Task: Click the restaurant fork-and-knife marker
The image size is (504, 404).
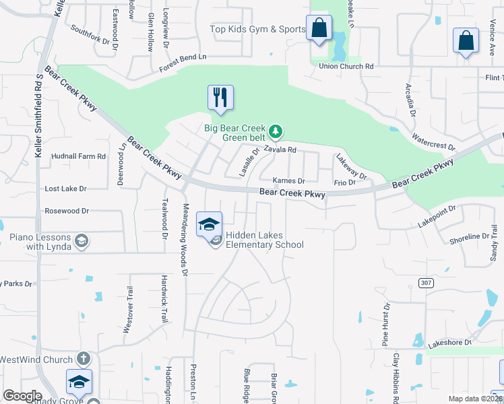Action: coord(220,98)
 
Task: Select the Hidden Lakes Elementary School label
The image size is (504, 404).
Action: coord(264,240)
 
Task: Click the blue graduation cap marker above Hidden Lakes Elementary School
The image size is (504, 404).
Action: coord(210,224)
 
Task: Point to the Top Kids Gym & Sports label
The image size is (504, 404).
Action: coord(257,29)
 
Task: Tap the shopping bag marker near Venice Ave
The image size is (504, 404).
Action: coord(466,40)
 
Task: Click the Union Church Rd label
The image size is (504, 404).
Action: coord(346,67)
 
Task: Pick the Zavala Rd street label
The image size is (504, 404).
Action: coord(280,150)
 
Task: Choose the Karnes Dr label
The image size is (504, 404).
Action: coord(289,181)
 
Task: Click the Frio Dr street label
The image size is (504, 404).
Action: coord(344,182)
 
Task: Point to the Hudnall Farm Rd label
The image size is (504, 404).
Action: coord(79,156)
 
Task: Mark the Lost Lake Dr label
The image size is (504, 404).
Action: coord(66,189)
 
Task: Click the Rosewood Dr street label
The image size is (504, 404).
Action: coord(67,211)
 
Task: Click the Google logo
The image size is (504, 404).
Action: coord(22,396)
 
